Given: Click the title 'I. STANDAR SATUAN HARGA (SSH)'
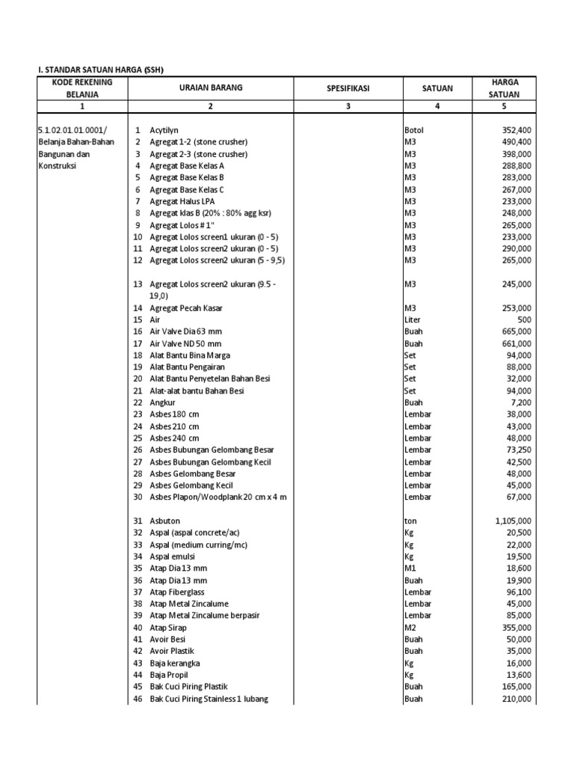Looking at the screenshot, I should [x=100, y=70].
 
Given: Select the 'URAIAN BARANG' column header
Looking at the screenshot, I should [x=210, y=88].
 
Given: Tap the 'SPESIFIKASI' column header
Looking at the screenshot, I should [x=348, y=88].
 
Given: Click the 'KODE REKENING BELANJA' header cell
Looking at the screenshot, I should [x=82, y=88].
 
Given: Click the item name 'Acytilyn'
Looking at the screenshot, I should [x=164, y=130].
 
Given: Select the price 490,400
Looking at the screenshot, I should [x=516, y=141].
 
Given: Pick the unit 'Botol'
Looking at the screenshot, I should [x=413, y=130].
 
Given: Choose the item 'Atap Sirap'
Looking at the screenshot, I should [x=168, y=628].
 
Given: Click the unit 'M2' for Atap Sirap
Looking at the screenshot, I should [x=410, y=628].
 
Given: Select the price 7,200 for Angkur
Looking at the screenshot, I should [x=521, y=402].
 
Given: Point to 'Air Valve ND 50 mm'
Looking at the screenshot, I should [x=185, y=343].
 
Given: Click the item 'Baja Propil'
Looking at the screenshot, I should [x=170, y=675].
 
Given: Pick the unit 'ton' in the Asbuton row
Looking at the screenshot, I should [x=410, y=521].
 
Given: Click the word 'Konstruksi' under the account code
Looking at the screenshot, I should [x=57, y=165].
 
